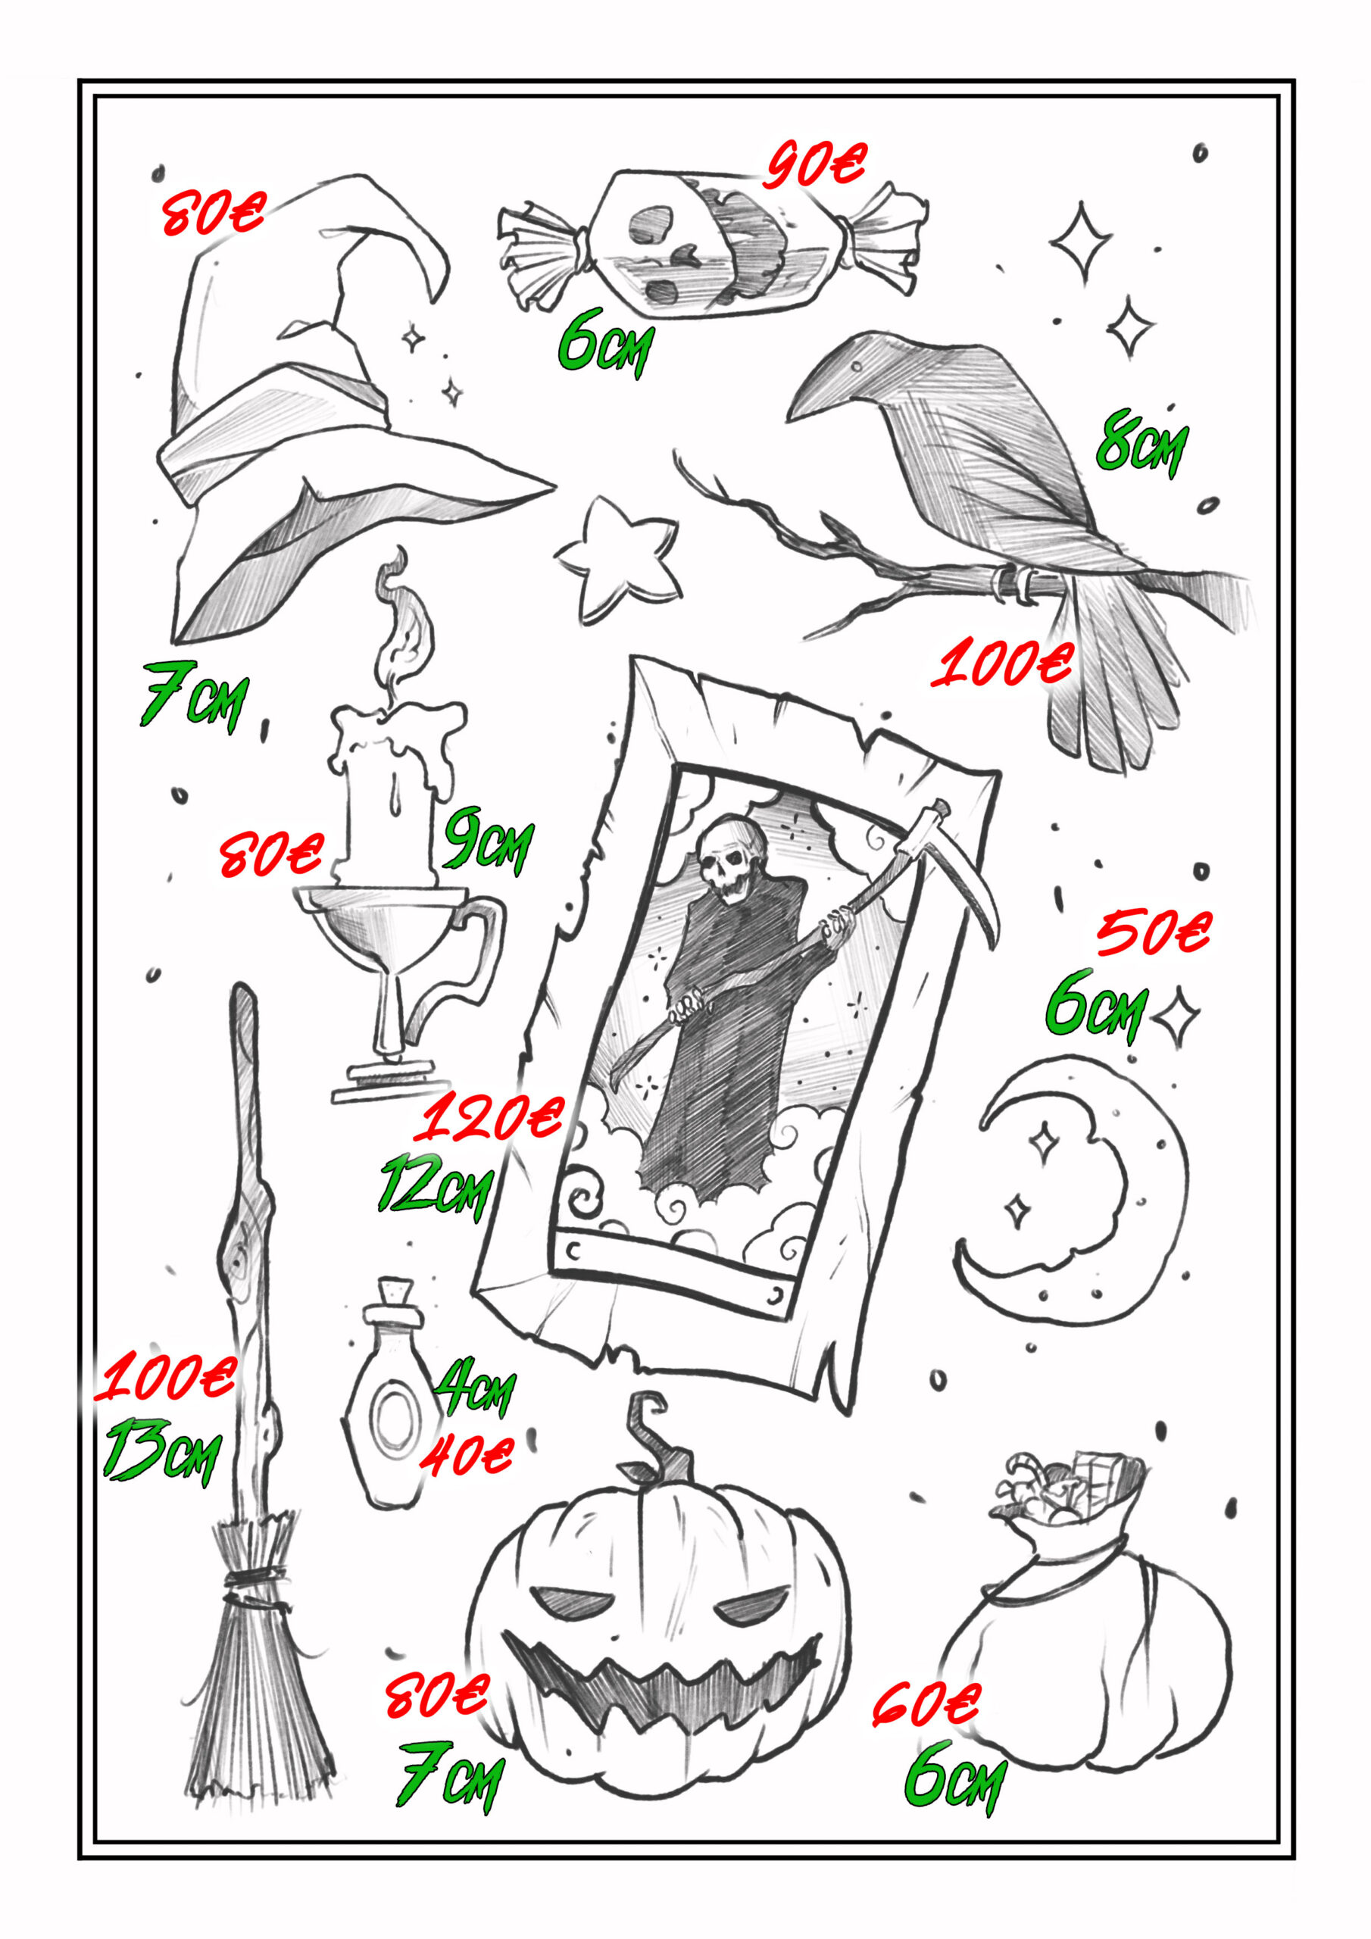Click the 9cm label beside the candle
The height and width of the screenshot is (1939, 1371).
(x=489, y=839)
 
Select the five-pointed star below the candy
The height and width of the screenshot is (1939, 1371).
(x=619, y=559)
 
